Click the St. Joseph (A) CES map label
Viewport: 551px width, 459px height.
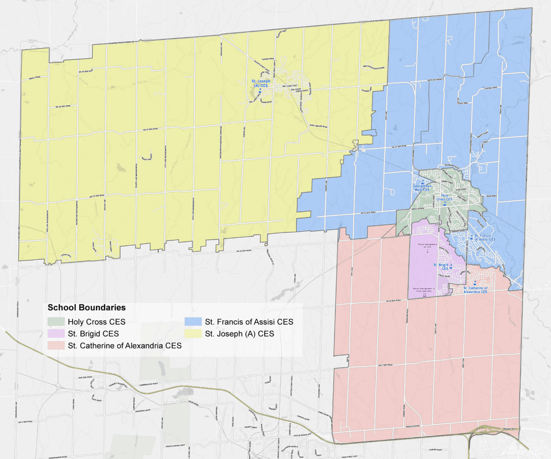261,83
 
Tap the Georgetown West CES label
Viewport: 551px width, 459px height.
422,188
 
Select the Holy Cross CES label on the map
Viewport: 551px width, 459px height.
444,197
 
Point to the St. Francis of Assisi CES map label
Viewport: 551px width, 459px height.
485,238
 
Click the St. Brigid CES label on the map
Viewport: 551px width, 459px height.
441,267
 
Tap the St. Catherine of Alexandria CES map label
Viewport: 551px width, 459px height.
475,290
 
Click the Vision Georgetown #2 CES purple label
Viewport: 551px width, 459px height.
427,246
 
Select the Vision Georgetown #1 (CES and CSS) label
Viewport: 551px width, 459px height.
424,290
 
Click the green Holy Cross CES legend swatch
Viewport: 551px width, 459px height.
56,322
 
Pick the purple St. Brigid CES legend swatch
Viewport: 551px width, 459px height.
56,334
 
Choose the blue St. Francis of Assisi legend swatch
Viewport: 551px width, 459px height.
193,322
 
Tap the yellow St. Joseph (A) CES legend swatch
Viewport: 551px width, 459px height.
193,334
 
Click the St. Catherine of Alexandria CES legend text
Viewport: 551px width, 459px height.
125,346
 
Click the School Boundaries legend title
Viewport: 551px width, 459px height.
86,307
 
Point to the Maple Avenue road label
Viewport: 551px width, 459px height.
418,209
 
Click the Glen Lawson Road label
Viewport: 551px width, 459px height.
319,126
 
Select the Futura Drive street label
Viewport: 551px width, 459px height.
268,59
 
